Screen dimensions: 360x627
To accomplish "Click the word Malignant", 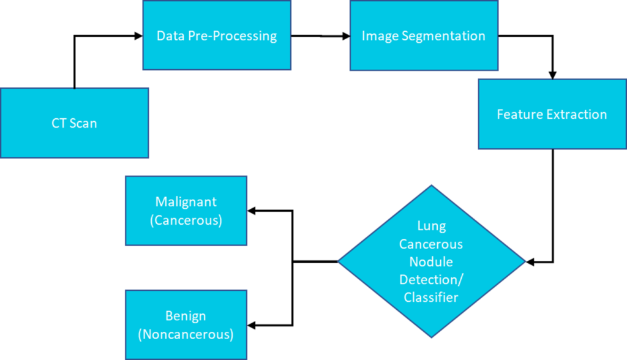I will point(186,201).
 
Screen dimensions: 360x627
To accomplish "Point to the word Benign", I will point(186,317).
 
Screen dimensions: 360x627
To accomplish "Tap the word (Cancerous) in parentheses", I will point(186,220).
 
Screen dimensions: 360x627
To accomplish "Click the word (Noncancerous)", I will point(186,335).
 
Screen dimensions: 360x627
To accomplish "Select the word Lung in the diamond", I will point(431,226).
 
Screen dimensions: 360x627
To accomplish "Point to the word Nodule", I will point(431,261).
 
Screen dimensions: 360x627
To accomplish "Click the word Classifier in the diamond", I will point(431,298).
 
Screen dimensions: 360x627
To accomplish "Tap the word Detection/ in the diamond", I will point(431,280).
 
